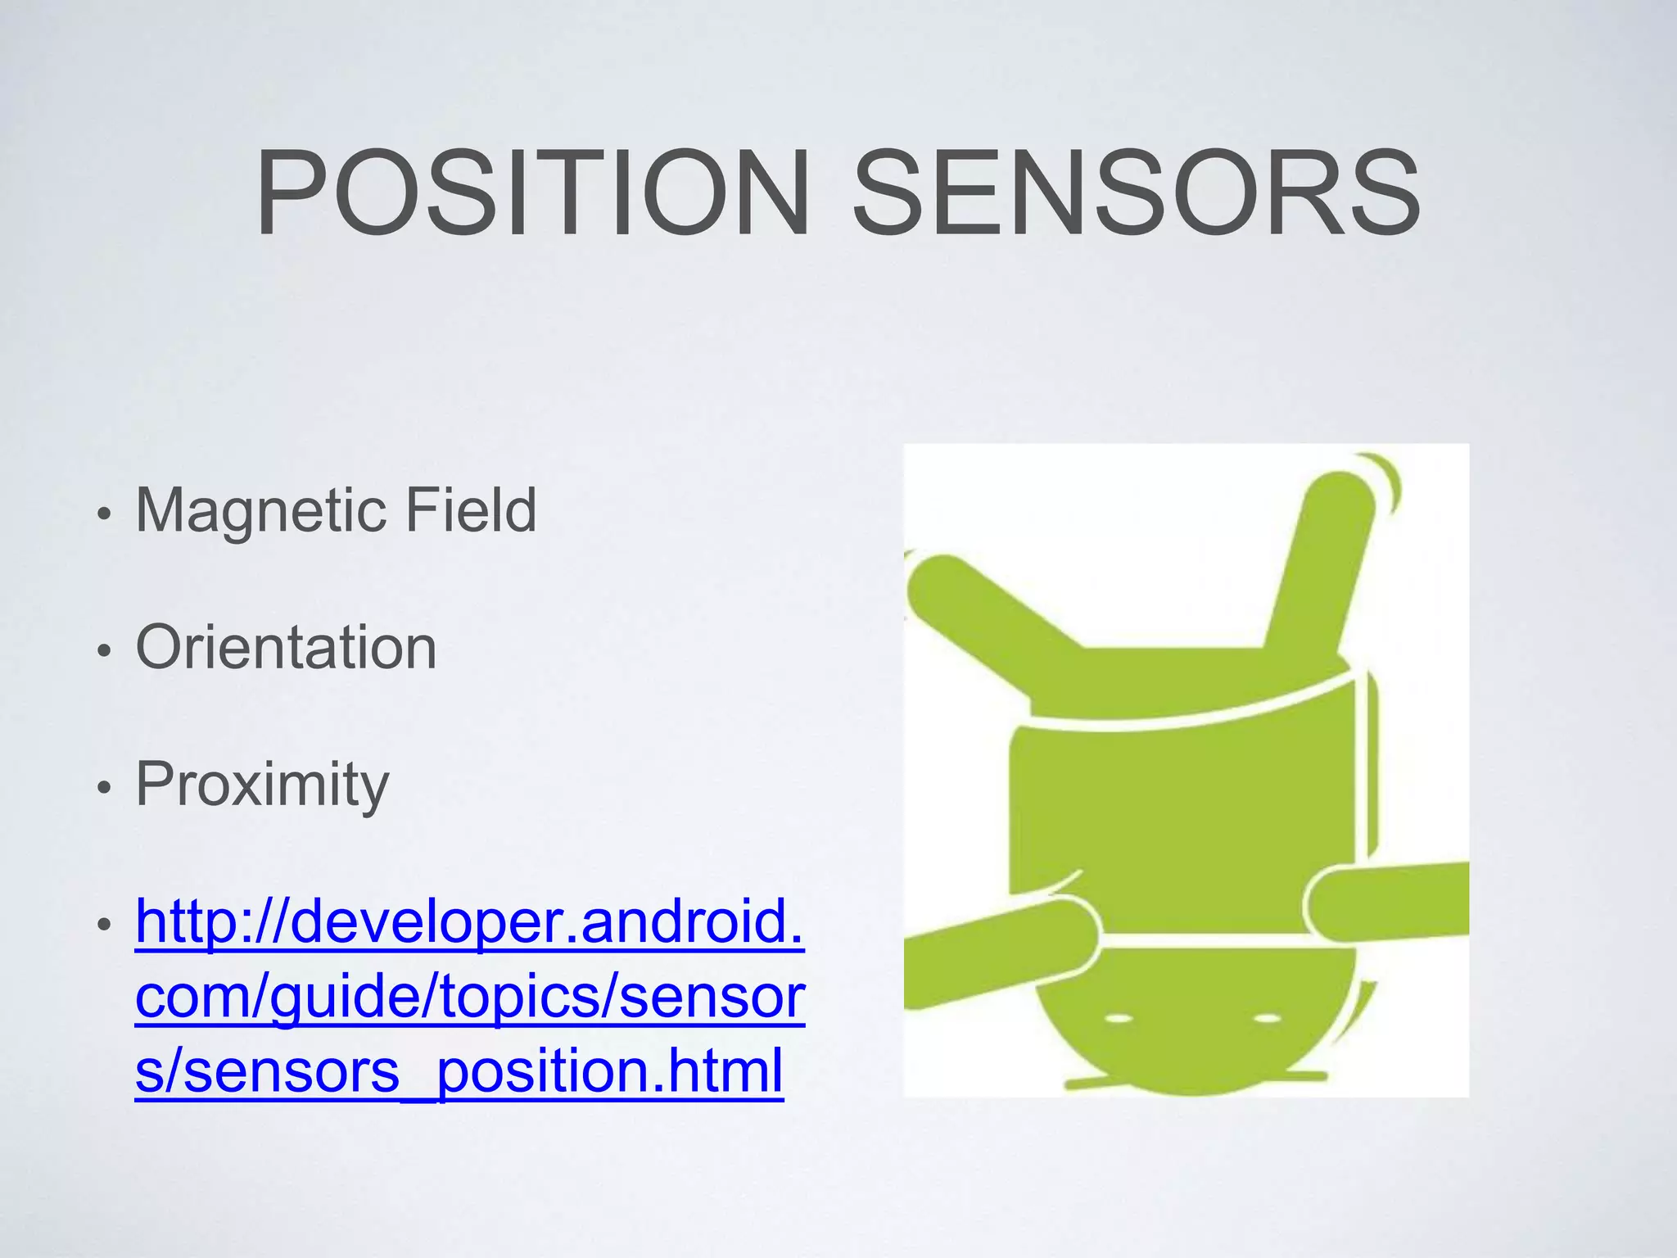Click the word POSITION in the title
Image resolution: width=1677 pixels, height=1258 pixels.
pos(532,194)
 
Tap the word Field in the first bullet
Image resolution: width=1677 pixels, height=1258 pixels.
pos(471,509)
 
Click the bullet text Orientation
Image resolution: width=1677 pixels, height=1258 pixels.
pos(286,647)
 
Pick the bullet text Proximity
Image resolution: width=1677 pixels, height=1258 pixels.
pos(262,785)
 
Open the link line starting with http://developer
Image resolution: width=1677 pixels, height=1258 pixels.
pos(469,921)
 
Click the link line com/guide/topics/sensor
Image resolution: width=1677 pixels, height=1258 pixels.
pos(469,996)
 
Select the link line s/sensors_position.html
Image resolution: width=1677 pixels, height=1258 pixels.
pos(459,1070)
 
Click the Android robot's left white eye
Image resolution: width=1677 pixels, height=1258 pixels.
pos(1119,1020)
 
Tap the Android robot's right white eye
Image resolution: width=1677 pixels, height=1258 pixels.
pos(1268,1019)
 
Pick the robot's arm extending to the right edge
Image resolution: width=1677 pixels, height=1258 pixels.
pos(1392,901)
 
